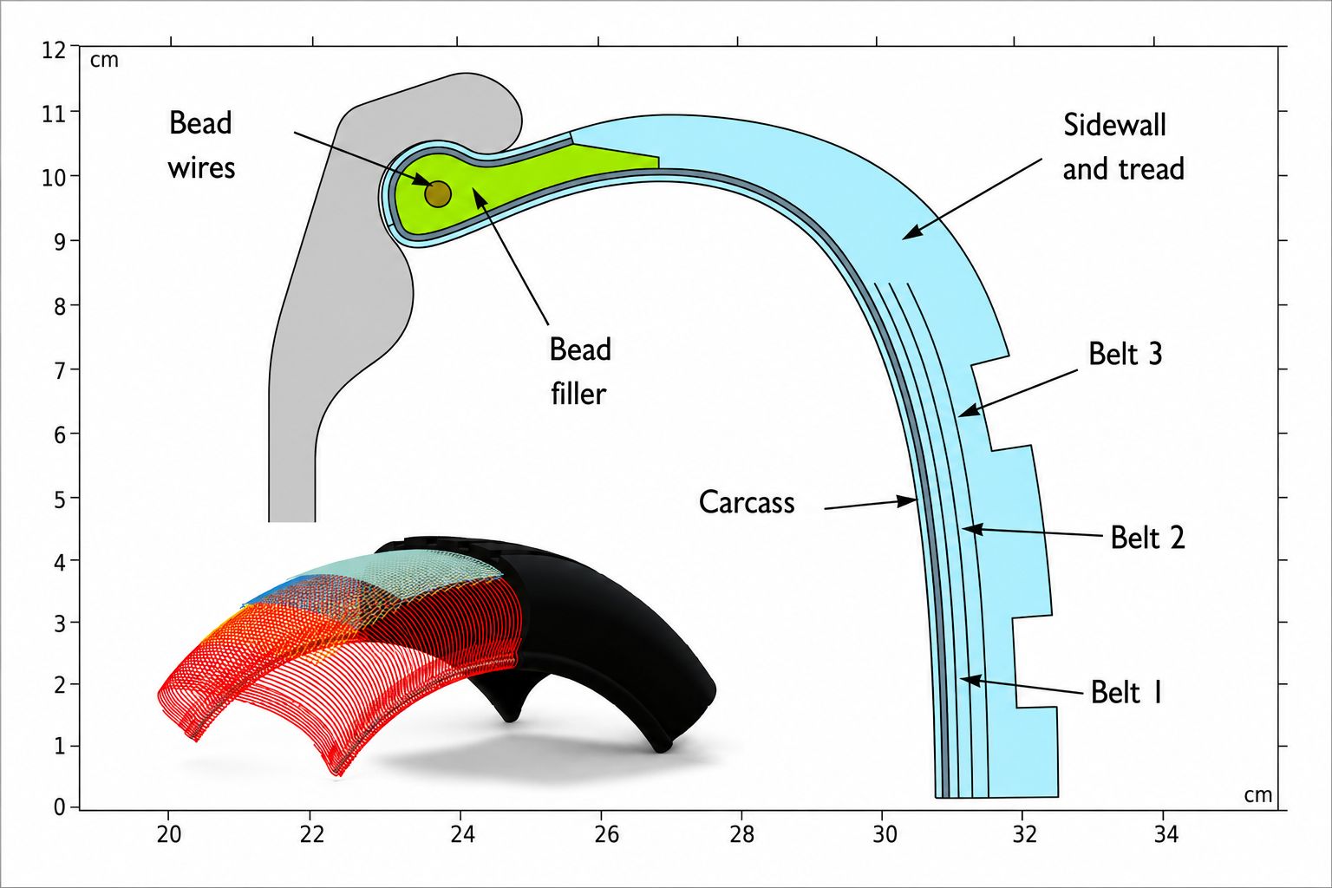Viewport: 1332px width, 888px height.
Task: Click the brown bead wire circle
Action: tap(438, 194)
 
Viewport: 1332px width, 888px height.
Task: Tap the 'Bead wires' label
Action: tap(201, 145)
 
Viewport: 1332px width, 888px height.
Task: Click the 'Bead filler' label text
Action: tap(580, 371)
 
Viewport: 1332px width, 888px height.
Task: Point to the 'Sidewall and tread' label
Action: tap(1123, 147)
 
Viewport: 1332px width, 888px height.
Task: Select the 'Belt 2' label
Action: tap(1147, 537)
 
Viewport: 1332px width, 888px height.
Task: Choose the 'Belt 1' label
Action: tap(1126, 692)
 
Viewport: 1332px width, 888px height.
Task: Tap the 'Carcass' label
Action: tap(747, 502)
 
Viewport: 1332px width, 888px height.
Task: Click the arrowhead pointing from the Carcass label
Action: tap(908, 501)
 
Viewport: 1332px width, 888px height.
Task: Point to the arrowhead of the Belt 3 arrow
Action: tap(969, 410)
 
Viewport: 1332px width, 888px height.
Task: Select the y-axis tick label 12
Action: tap(54, 50)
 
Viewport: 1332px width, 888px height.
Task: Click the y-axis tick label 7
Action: tap(60, 371)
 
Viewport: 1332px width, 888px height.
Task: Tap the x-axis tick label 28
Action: tap(742, 835)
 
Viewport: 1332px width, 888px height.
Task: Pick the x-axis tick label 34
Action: tap(1166, 835)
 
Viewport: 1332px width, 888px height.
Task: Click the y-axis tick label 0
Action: tap(60, 807)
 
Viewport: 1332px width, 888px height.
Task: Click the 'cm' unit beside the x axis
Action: tap(1258, 795)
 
